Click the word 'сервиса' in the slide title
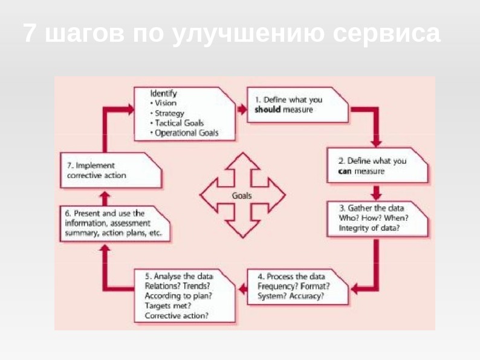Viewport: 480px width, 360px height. (387, 34)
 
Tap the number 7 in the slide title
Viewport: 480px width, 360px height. (30, 34)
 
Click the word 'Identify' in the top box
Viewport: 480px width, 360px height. (163, 94)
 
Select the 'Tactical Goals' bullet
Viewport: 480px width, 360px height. (180, 123)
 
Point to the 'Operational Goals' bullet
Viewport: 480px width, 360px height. (186, 133)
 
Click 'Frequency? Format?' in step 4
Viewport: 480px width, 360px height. (293, 286)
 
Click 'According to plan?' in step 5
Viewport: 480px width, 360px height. (178, 296)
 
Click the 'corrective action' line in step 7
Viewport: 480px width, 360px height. (97, 175)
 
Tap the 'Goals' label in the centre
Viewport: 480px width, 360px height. (242, 196)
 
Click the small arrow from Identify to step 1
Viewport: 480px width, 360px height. (242, 109)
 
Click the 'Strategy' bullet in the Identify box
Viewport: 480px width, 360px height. (169, 113)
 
